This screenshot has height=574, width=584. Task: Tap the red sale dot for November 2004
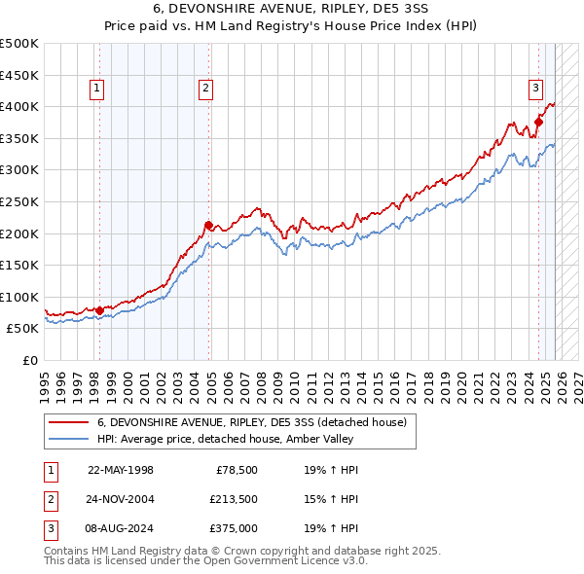[208, 225]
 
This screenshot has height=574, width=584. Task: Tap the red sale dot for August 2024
[538, 123]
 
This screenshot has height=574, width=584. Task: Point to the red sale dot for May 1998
[99, 310]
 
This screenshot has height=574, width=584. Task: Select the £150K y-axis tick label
[19, 265]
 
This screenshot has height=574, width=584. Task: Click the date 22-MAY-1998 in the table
[121, 469]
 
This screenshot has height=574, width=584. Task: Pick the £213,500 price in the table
[233, 499]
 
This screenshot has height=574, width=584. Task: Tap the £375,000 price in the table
[233, 529]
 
